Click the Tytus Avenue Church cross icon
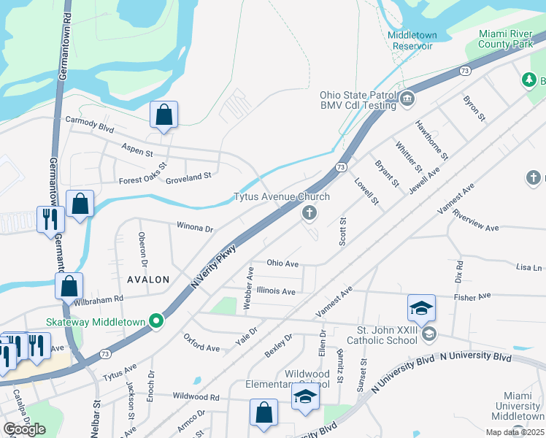click(x=309, y=213)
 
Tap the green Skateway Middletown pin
click(x=155, y=320)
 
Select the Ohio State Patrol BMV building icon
click(x=407, y=98)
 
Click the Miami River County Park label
click(x=507, y=39)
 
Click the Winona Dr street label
click(x=194, y=228)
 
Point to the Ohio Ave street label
click(x=283, y=264)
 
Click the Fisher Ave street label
click(x=475, y=297)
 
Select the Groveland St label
click(x=188, y=176)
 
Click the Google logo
click(x=24, y=429)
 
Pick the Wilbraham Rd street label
click(x=99, y=299)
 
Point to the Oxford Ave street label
click(x=201, y=343)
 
